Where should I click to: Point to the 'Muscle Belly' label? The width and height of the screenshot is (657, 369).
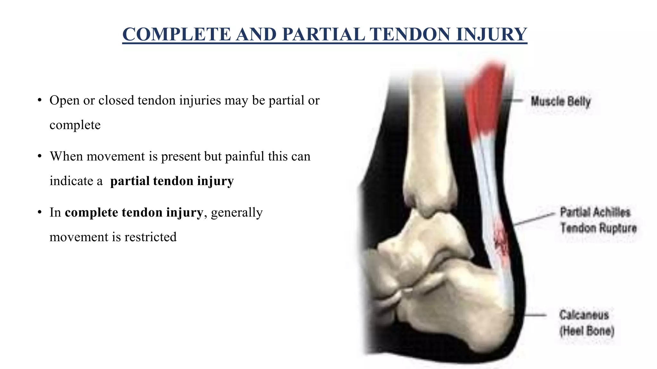point(560,102)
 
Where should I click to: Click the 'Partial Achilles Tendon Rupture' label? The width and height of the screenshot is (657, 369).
point(598,220)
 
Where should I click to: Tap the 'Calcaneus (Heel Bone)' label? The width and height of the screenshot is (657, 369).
point(586,323)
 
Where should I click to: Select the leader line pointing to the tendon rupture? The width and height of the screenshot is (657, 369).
point(534,219)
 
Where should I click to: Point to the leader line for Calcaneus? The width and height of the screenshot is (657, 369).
point(534,315)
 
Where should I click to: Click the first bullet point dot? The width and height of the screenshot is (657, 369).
point(39,101)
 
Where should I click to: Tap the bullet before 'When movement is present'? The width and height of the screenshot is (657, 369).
point(39,157)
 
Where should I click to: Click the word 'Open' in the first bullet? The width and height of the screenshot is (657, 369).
point(64,101)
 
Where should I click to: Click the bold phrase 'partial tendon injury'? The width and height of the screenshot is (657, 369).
point(172,181)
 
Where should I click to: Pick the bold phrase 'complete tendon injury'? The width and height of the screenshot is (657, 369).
point(134,212)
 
